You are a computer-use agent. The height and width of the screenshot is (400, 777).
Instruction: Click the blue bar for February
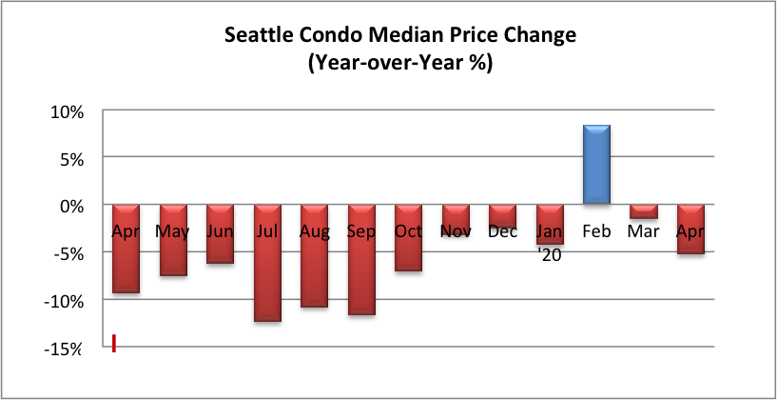pyautogui.click(x=596, y=164)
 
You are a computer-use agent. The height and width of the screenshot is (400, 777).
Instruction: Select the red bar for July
pyautogui.click(x=267, y=263)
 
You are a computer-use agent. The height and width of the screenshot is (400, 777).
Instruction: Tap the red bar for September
pyautogui.click(x=361, y=260)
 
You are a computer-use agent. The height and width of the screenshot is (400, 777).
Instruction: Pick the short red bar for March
pyautogui.click(x=644, y=211)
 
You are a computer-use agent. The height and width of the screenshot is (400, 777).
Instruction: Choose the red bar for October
pyautogui.click(x=408, y=238)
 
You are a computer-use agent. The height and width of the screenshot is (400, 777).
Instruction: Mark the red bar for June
pyautogui.click(x=220, y=233)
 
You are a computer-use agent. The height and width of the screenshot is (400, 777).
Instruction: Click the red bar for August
pyautogui.click(x=314, y=255)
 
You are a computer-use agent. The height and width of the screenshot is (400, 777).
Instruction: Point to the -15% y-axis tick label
pyautogui.click(x=62, y=349)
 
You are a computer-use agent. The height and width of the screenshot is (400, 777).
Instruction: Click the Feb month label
pyautogui.click(x=596, y=231)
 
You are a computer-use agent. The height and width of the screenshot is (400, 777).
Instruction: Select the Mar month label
pyautogui.click(x=643, y=231)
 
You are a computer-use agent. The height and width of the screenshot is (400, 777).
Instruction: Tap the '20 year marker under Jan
pyautogui.click(x=550, y=256)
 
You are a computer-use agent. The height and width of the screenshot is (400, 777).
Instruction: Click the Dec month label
pyautogui.click(x=502, y=231)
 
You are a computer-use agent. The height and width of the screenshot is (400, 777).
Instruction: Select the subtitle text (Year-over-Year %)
pyautogui.click(x=399, y=64)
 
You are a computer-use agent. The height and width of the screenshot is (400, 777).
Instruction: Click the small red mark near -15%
pyautogui.click(x=114, y=344)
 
